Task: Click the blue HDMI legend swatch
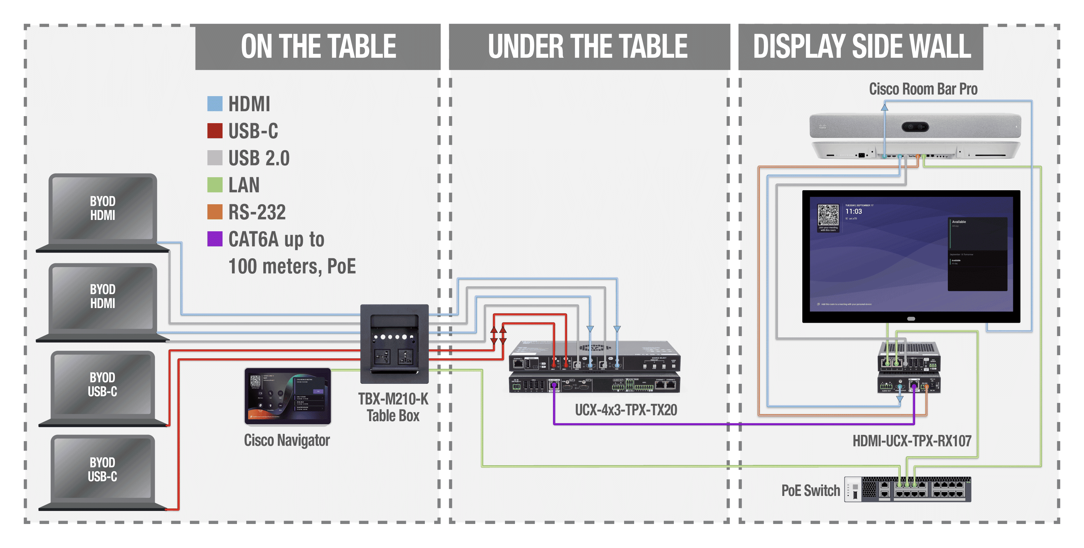215,103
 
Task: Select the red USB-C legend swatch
215,130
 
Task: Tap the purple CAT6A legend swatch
215,239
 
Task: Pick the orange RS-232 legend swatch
215,212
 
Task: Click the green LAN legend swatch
215,185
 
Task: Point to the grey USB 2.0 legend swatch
215,158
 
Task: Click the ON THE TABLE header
318,46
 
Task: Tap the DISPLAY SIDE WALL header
861,46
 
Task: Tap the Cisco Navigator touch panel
287,395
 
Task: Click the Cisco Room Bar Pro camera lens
915,127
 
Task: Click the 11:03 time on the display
853,212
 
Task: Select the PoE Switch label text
810,490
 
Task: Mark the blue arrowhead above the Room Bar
884,107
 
